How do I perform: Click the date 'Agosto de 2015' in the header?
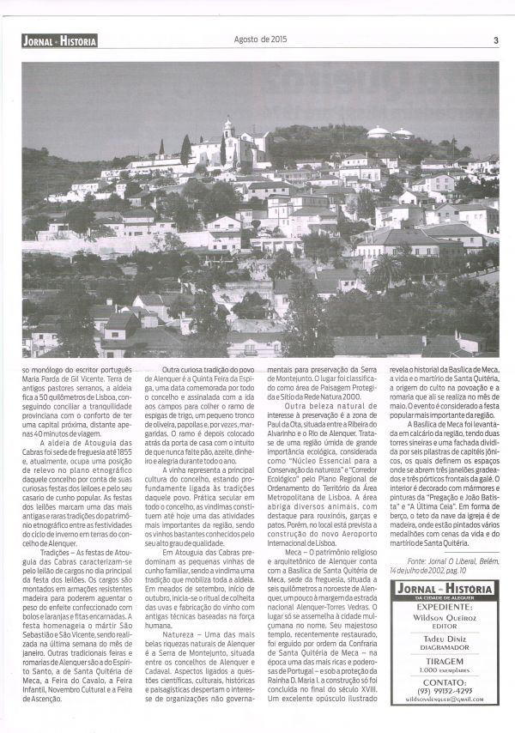(x=261, y=39)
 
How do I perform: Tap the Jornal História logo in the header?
(x=60, y=40)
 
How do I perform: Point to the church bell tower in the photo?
(x=228, y=131)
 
